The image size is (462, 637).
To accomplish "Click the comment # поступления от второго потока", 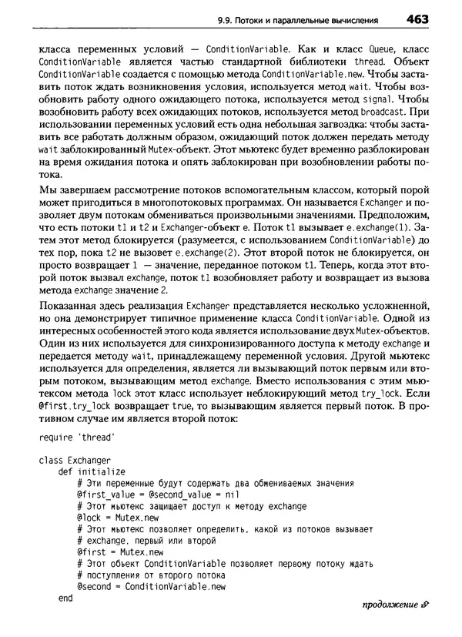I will pyautogui.click(x=143, y=575).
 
